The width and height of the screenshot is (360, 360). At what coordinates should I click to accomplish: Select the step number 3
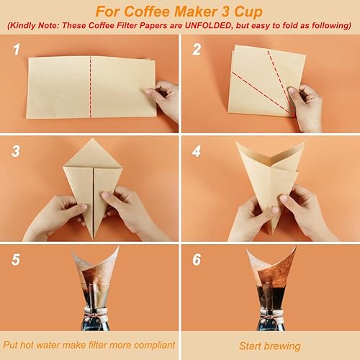(15, 152)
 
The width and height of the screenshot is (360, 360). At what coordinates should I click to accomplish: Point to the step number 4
(196, 152)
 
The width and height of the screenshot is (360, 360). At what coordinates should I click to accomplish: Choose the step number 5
(15, 259)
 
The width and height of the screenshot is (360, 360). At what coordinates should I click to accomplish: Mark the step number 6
(196, 259)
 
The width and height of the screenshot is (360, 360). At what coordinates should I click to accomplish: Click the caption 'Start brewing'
(271, 346)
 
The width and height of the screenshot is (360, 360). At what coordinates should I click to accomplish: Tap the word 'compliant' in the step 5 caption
(147, 346)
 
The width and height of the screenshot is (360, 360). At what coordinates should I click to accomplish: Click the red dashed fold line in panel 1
(90, 86)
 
